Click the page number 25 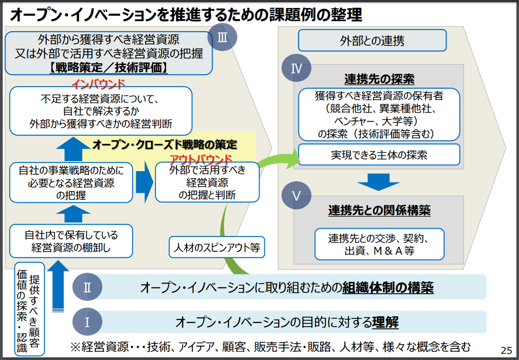(x=506, y=350)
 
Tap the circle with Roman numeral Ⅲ (x=222, y=37)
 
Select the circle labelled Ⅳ (x=296, y=69)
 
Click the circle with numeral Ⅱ (x=87, y=288)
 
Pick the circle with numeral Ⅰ (x=87, y=323)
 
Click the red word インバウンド (x=98, y=83)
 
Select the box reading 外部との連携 (x=372, y=41)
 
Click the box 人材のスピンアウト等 (x=216, y=248)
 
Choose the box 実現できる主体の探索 (x=379, y=155)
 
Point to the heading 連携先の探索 (x=379, y=79)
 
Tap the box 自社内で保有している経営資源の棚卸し (x=71, y=241)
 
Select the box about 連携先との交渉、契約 (x=379, y=245)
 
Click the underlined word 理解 (x=385, y=323)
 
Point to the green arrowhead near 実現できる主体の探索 (x=292, y=158)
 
